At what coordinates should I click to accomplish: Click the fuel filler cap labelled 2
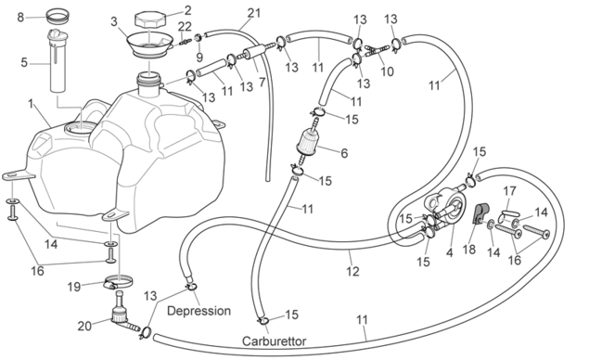tap(149, 19)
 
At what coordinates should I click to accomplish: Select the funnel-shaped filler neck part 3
tap(150, 45)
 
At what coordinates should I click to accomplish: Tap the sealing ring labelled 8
tap(58, 17)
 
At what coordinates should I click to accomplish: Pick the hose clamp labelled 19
tap(119, 282)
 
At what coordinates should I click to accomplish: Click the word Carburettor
tap(274, 341)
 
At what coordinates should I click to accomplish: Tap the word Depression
tap(198, 311)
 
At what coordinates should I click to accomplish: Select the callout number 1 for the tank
tap(31, 104)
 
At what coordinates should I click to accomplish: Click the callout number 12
tap(352, 271)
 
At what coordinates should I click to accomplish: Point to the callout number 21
tap(254, 13)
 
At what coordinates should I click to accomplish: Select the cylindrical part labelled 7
tap(253, 54)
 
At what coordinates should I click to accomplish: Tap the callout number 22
tap(185, 26)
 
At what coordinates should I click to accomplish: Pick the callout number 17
tap(510, 191)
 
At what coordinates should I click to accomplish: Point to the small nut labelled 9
tap(198, 37)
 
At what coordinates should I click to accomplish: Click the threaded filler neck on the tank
tap(149, 82)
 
